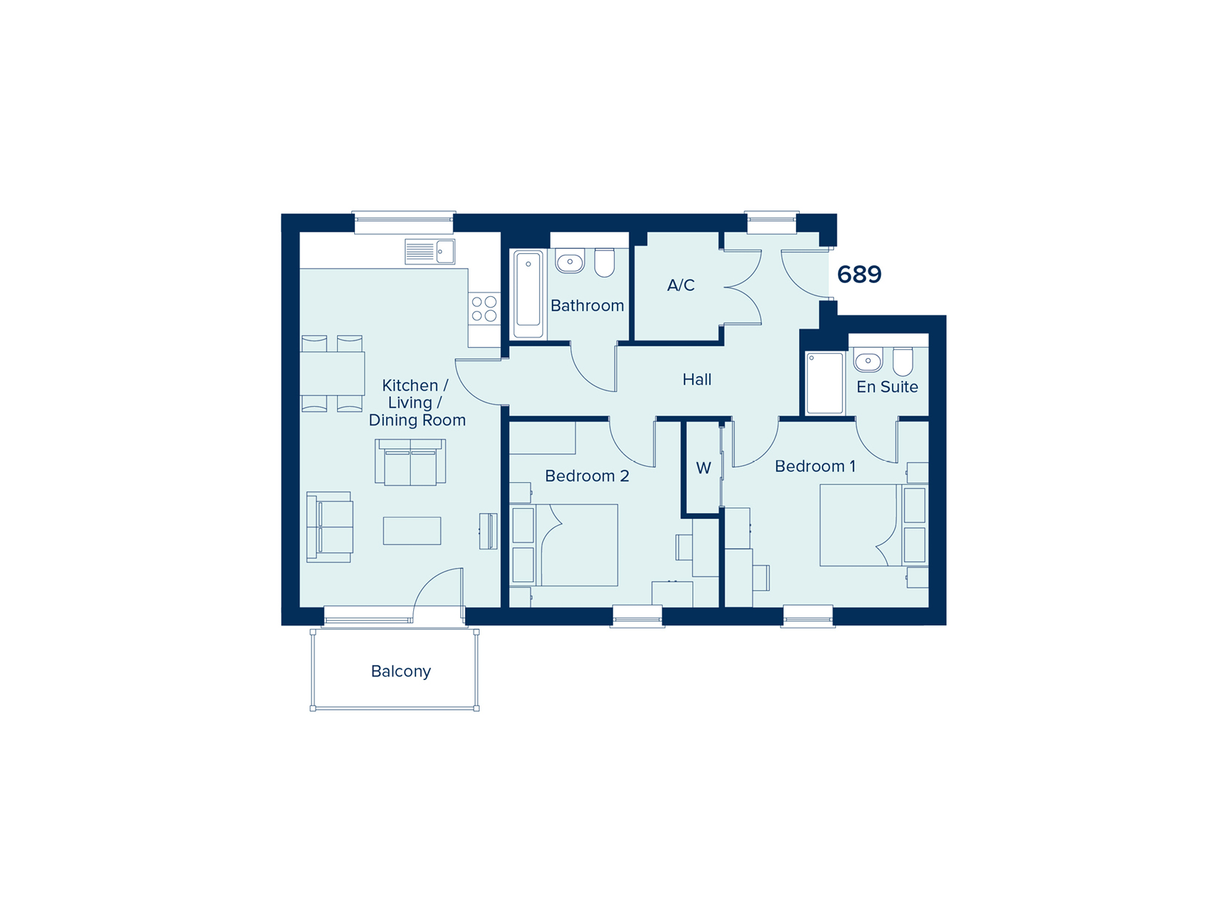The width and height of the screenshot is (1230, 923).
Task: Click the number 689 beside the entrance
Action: (858, 274)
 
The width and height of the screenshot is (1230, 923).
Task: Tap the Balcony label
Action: (401, 671)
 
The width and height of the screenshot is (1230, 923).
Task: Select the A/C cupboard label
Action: (680, 285)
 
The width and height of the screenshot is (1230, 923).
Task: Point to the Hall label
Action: (697, 380)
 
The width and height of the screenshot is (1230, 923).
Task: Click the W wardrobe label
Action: (703, 467)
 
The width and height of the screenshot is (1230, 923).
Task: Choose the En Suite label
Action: (887, 387)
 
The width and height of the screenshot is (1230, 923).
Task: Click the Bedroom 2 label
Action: (587, 476)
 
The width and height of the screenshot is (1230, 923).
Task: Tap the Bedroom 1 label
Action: (815, 466)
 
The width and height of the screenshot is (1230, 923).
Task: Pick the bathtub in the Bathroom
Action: (528, 295)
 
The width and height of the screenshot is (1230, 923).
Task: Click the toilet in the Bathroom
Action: (604, 262)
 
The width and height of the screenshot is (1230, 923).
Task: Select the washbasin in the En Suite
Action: (868, 360)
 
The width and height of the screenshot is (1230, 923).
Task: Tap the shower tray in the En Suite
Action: (824, 383)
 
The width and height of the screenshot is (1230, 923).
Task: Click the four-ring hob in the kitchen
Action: (484, 309)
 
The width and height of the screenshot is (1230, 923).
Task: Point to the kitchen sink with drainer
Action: (430, 252)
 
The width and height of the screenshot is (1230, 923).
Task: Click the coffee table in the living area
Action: (412, 530)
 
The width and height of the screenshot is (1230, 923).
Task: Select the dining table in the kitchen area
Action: (332, 374)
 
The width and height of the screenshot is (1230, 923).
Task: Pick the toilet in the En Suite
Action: (902, 361)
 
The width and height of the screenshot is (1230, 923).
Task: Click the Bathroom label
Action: (587, 306)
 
